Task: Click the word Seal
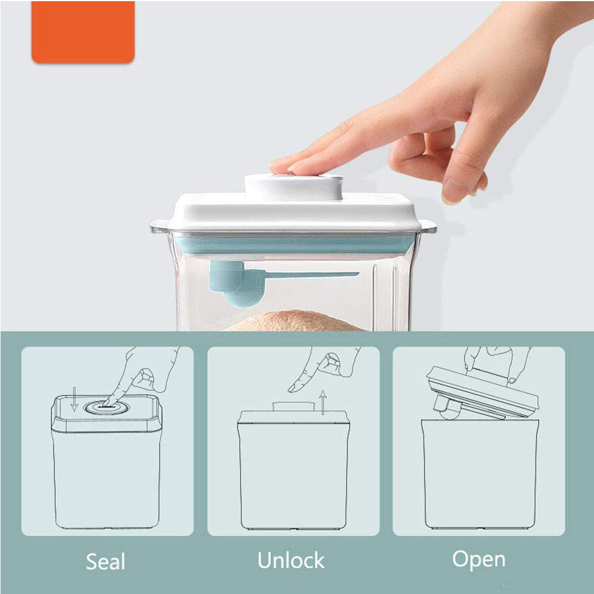coord(106,561)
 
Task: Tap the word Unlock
coord(291,560)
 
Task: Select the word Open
coord(478,559)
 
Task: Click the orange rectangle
coord(83,32)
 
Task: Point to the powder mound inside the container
coord(291,322)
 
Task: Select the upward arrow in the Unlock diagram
coord(322,402)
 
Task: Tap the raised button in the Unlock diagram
coord(293,406)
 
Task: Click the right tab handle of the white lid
coord(428,226)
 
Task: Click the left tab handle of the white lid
coord(159,225)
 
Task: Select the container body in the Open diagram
coord(479,475)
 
